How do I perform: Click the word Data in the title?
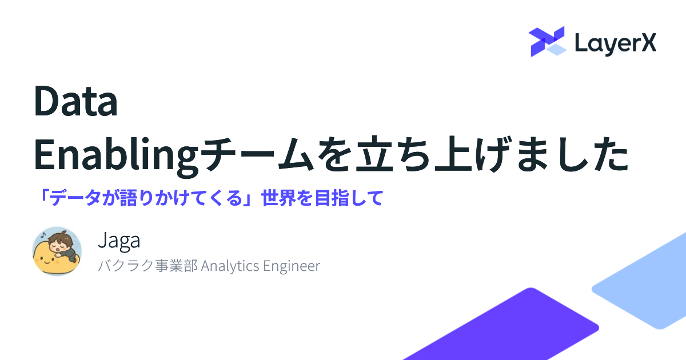point(75,101)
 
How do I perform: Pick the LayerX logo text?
point(616,44)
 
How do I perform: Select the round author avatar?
point(57,251)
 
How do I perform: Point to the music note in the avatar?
point(43,235)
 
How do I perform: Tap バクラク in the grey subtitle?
point(126,265)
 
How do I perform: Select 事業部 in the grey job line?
point(176,265)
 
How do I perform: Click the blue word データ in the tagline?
point(75,198)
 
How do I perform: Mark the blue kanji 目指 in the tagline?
point(332,198)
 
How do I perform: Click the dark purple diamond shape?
point(505,325)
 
